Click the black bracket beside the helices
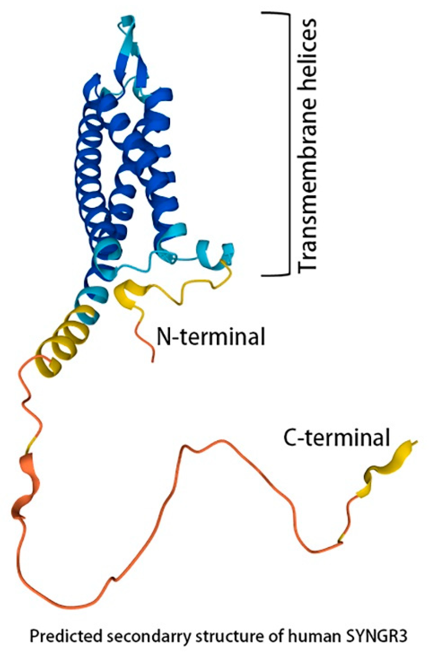point(288,143)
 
